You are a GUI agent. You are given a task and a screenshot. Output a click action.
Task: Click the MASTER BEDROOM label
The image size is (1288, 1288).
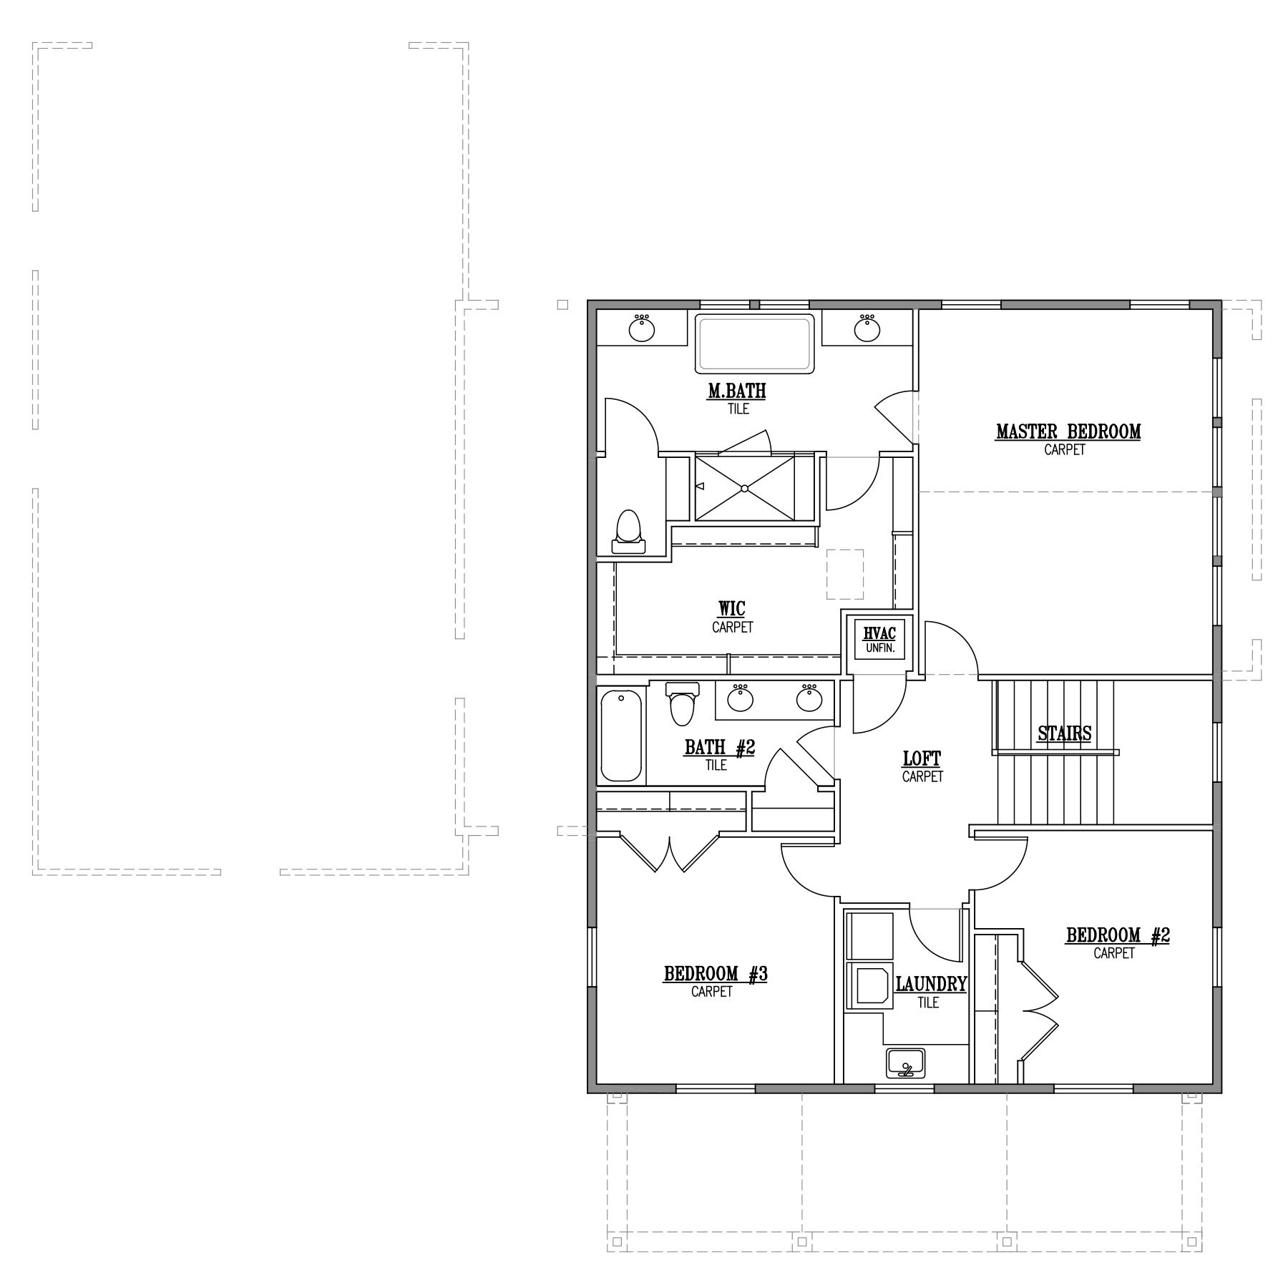tap(1068, 432)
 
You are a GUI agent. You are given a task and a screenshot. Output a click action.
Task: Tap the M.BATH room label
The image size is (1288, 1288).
tap(737, 391)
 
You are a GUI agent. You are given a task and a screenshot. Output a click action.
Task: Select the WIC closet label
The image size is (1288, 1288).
tap(732, 609)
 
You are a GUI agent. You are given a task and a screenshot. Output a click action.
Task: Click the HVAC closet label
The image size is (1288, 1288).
tap(879, 633)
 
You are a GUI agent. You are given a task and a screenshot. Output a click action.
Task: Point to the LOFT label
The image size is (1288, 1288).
tap(922, 758)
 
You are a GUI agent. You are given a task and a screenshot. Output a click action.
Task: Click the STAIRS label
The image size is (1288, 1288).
tap(1064, 733)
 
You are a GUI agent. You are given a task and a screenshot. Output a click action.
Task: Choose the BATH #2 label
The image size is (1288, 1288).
tap(720, 748)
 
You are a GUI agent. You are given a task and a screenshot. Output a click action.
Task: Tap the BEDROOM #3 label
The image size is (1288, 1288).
tap(716, 974)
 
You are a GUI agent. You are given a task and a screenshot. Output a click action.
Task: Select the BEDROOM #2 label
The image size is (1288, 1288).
tap(1118, 935)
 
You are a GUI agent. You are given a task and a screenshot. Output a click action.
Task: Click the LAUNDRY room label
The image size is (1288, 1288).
tap(931, 985)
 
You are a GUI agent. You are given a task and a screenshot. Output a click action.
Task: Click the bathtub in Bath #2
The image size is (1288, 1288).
tap(620, 735)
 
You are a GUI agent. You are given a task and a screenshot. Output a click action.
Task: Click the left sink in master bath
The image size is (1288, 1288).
tap(642, 328)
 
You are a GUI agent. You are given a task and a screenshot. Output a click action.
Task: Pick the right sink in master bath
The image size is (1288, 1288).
tap(867, 328)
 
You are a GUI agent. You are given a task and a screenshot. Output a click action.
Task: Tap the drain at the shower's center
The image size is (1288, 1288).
tap(744, 489)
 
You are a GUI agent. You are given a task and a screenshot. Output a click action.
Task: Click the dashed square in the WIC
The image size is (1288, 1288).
tap(845, 574)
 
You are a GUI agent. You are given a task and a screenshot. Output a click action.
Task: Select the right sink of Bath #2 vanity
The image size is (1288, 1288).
tap(809, 698)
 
